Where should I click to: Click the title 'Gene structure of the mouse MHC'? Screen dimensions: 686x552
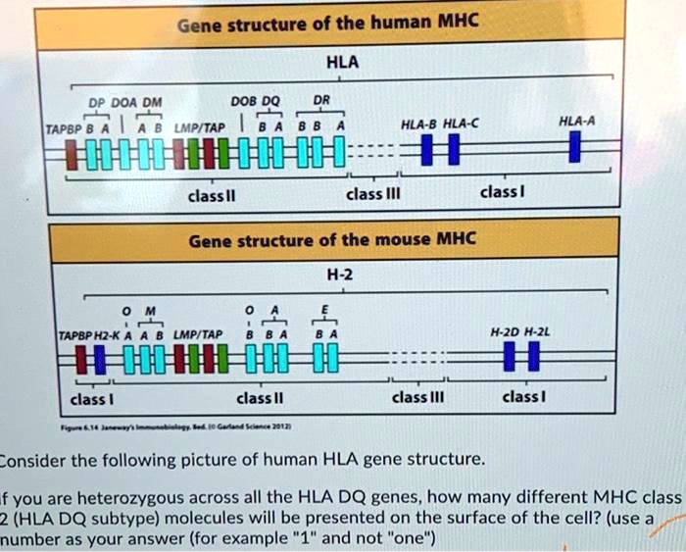(x=331, y=239)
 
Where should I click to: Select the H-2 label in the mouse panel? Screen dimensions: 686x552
(x=347, y=276)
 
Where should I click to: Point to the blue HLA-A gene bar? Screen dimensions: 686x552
(x=575, y=149)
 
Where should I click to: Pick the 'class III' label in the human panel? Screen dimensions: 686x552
(x=370, y=194)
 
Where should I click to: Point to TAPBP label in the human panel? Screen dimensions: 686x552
(x=64, y=127)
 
